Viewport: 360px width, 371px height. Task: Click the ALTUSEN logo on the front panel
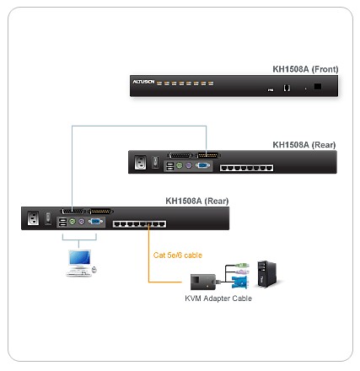143,82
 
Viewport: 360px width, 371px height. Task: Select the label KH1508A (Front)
305,69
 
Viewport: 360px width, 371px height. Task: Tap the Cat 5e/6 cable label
178,255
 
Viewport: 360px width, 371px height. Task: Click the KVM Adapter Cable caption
218,298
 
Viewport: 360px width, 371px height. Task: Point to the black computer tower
266,274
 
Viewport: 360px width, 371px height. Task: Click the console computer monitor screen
80,258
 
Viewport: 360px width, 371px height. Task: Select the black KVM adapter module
203,282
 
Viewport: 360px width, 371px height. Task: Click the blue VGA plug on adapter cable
239,282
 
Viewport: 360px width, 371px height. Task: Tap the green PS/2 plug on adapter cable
242,265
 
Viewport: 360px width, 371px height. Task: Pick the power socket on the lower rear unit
33,218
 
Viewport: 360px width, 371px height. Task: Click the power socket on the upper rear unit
140,163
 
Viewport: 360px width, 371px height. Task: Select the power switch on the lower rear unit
48,218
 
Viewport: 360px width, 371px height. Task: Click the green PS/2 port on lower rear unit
73,222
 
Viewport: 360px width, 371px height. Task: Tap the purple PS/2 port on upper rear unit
189,165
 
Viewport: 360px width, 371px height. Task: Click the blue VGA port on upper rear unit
203,165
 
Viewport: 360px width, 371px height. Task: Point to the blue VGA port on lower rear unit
95,222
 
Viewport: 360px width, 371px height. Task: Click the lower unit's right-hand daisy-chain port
100,211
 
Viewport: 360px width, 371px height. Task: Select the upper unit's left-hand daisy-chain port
180,155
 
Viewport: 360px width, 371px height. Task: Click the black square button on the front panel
318,86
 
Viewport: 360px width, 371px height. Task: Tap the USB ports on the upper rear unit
170,166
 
